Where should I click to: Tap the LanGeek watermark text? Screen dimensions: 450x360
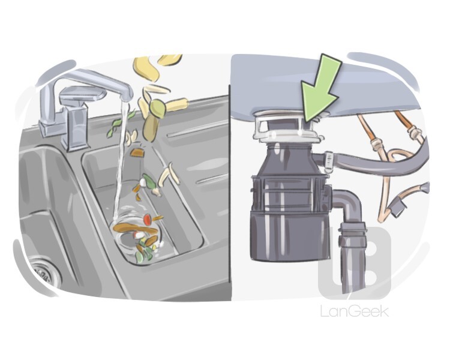click(355, 311)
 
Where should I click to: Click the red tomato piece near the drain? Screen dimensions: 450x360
click(147, 220)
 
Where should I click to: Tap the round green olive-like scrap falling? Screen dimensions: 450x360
click(157, 109)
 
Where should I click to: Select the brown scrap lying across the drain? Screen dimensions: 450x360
click(135, 228)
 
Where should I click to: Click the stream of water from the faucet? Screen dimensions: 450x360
click(120, 161)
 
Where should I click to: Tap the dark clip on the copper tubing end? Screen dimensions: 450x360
click(397, 207)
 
